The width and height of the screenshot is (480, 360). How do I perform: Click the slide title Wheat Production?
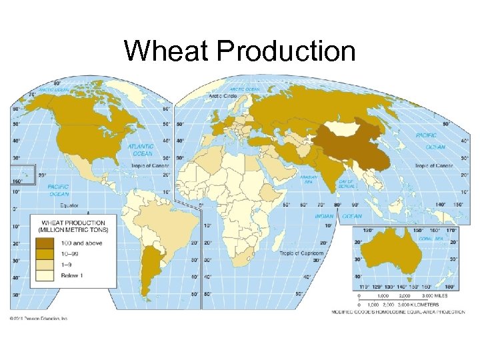pos(240,51)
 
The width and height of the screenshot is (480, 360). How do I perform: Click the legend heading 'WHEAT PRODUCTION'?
pos(73,223)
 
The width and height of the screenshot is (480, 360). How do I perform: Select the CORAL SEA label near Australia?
pos(430,238)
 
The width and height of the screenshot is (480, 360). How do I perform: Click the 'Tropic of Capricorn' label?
pos(301,253)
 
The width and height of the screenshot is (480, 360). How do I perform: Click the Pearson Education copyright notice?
pos(39,318)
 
